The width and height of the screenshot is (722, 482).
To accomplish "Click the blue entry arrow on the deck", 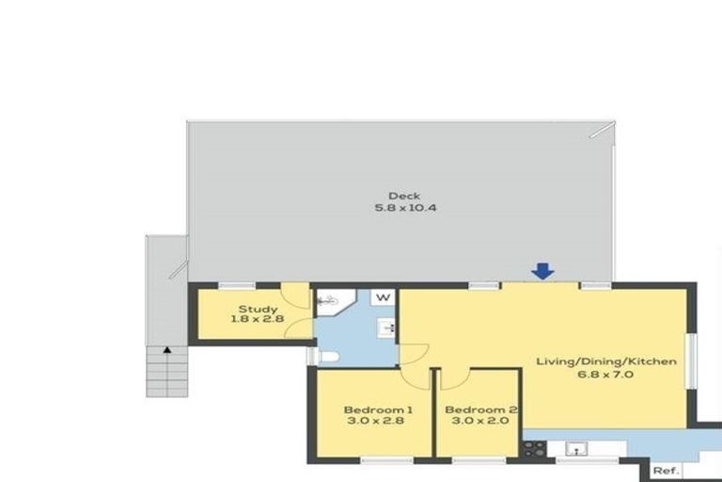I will (542, 271).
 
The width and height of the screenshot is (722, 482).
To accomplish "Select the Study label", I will (257, 309).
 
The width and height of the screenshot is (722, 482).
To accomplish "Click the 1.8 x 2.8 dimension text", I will (257, 320).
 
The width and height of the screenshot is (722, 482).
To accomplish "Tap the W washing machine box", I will (384, 298).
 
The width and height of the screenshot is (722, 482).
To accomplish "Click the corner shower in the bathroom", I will (331, 300).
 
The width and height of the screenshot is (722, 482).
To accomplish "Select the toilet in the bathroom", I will (324, 355).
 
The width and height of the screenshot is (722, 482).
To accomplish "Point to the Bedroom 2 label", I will (479, 410).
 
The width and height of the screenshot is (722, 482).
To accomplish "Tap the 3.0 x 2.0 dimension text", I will (479, 422).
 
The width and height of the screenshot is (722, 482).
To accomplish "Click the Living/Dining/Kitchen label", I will (606, 361).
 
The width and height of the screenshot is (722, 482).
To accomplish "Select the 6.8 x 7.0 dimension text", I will (606, 373).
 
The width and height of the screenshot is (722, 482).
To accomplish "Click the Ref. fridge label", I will (666, 471).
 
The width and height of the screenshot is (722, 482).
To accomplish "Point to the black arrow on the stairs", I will (167, 350).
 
